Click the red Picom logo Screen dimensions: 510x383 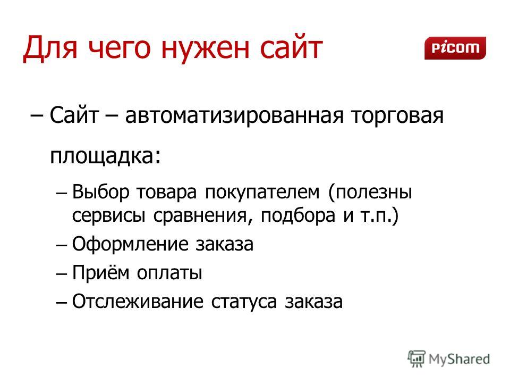(x=455, y=48)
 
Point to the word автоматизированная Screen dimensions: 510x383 (x=234, y=116)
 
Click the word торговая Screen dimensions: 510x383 (x=397, y=116)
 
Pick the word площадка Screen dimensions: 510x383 (x=102, y=156)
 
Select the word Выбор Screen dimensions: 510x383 (x=100, y=191)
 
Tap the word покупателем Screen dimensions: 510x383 (x=262, y=191)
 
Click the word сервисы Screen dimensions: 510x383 (x=108, y=215)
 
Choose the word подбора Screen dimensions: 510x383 (x=298, y=215)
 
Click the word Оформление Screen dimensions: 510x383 (x=130, y=244)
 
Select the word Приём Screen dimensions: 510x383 (x=100, y=272)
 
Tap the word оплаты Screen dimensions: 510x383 (x=169, y=273)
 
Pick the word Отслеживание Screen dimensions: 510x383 (x=138, y=301)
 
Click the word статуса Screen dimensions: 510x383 (x=244, y=302)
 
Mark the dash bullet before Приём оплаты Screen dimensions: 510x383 (x=61, y=274)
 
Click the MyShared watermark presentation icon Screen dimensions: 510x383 (x=416, y=359)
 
